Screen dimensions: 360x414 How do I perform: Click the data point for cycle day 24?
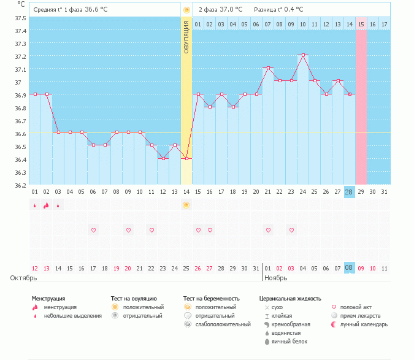[x=303, y=55]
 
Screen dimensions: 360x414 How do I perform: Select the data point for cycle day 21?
[x=268, y=67]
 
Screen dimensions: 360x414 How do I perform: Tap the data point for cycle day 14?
[x=186, y=158]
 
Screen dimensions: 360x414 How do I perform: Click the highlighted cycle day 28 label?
[x=350, y=192]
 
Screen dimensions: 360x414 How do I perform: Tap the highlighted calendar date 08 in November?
[x=350, y=268]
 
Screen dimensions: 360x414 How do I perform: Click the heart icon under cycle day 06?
[x=94, y=230]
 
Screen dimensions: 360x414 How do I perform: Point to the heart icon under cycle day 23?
[x=291, y=230]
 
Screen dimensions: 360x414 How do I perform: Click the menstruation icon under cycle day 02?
[x=46, y=205]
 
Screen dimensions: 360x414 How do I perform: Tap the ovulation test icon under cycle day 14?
[x=186, y=205]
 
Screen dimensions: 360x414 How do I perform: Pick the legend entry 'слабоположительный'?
[x=223, y=324]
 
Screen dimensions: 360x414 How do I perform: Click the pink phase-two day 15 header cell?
[x=361, y=24]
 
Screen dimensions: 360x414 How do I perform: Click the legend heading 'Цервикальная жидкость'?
[x=289, y=298]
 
